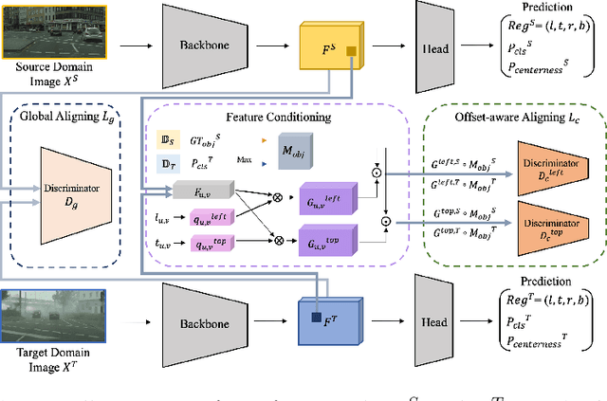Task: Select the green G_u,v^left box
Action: click(325, 201)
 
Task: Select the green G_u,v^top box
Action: click(325, 243)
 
